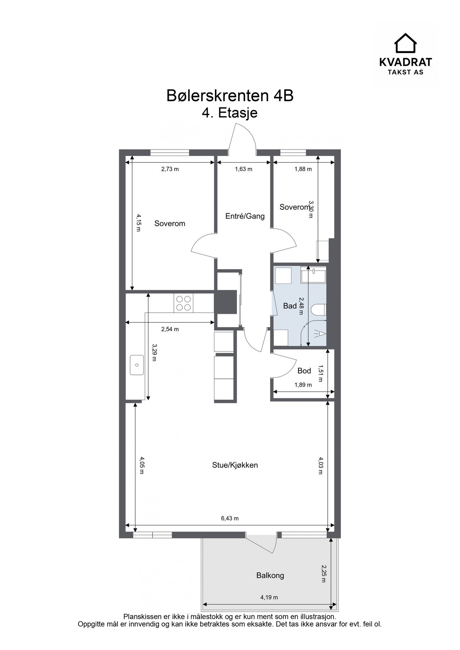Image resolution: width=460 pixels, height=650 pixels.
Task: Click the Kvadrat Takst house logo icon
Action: click(405, 43)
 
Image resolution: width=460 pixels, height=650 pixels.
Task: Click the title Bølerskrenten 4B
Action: click(230, 96)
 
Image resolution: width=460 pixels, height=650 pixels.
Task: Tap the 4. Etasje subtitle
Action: click(230, 113)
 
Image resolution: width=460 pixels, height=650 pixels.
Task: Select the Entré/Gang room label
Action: click(245, 216)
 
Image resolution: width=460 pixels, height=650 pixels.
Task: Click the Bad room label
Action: click(290, 306)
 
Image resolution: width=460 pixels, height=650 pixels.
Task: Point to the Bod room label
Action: click(304, 371)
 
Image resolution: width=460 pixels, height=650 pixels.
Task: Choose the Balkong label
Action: click(270, 576)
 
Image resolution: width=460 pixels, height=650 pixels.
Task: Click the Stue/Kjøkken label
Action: click(235, 465)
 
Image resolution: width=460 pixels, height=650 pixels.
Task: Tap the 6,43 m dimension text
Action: click(230, 519)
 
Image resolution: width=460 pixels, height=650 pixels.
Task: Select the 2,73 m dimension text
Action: click(170, 169)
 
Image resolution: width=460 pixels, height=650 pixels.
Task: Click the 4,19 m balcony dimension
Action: click(269, 598)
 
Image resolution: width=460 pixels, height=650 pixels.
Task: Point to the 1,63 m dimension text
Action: click(244, 169)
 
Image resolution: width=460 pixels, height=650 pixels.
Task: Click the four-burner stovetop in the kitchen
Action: click(183, 303)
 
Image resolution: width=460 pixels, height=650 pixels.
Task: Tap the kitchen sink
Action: click(137, 365)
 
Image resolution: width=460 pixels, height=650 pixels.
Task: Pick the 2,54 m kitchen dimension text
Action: click(170, 329)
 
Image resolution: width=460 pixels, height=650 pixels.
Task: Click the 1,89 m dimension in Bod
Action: click(303, 385)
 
